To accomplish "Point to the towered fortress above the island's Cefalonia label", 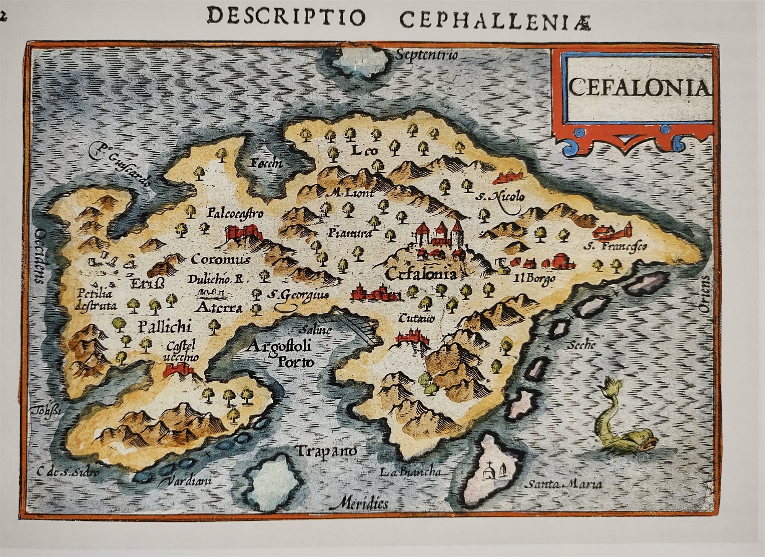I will pyautogui.click(x=440, y=237).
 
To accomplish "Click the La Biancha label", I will pyautogui.click(x=410, y=472).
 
